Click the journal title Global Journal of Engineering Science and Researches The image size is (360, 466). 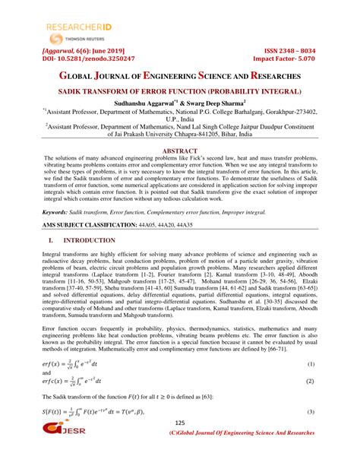pos(179,77)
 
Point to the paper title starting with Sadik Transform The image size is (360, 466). pos(179,90)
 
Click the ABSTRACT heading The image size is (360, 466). pos(179,151)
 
